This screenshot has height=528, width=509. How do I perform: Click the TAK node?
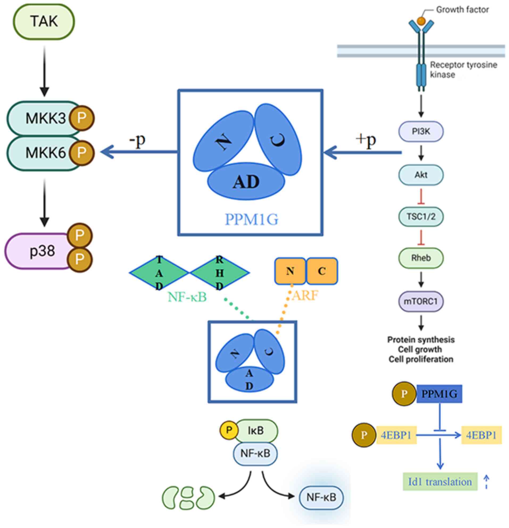[x=44, y=22]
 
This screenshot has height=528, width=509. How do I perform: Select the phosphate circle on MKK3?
[x=82, y=118]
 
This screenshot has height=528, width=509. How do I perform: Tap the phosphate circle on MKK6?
[x=82, y=153]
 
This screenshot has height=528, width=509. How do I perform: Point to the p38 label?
[x=42, y=251]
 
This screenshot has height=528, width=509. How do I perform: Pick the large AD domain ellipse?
[x=246, y=182]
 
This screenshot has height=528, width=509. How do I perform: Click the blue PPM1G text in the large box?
[x=251, y=220]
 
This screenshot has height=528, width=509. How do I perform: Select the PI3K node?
[x=421, y=132]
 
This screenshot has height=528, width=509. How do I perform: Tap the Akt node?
[x=421, y=175]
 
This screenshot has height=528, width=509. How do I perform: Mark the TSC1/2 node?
[x=421, y=216]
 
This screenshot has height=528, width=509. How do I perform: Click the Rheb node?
[x=421, y=258]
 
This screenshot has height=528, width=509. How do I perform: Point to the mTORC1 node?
[x=421, y=301]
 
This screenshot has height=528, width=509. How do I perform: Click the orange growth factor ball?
[x=421, y=21]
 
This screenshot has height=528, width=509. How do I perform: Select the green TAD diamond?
[x=159, y=273]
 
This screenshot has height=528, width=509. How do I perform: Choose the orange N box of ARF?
[x=290, y=271]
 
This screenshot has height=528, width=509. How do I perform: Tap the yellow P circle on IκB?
[x=229, y=430]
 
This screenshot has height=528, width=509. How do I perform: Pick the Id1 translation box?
[x=440, y=482]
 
